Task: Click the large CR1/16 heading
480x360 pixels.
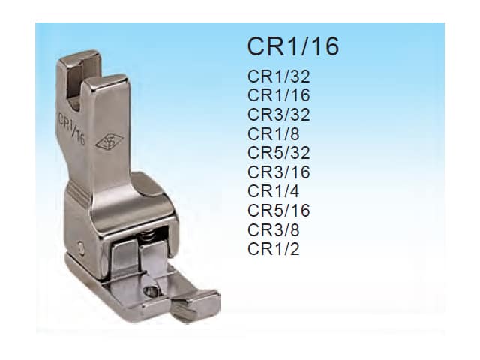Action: click(293, 46)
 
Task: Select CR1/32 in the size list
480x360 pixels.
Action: click(278, 76)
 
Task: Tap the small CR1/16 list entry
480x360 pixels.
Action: click(278, 95)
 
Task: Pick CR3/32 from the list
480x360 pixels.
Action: click(278, 115)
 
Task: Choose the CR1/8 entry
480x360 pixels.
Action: click(273, 133)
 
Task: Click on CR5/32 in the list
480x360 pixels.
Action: click(278, 153)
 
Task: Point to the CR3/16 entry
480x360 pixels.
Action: click(278, 172)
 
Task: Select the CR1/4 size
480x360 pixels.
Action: click(273, 191)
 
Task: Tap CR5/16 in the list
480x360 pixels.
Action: click(278, 211)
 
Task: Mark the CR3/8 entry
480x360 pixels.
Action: click(273, 230)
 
